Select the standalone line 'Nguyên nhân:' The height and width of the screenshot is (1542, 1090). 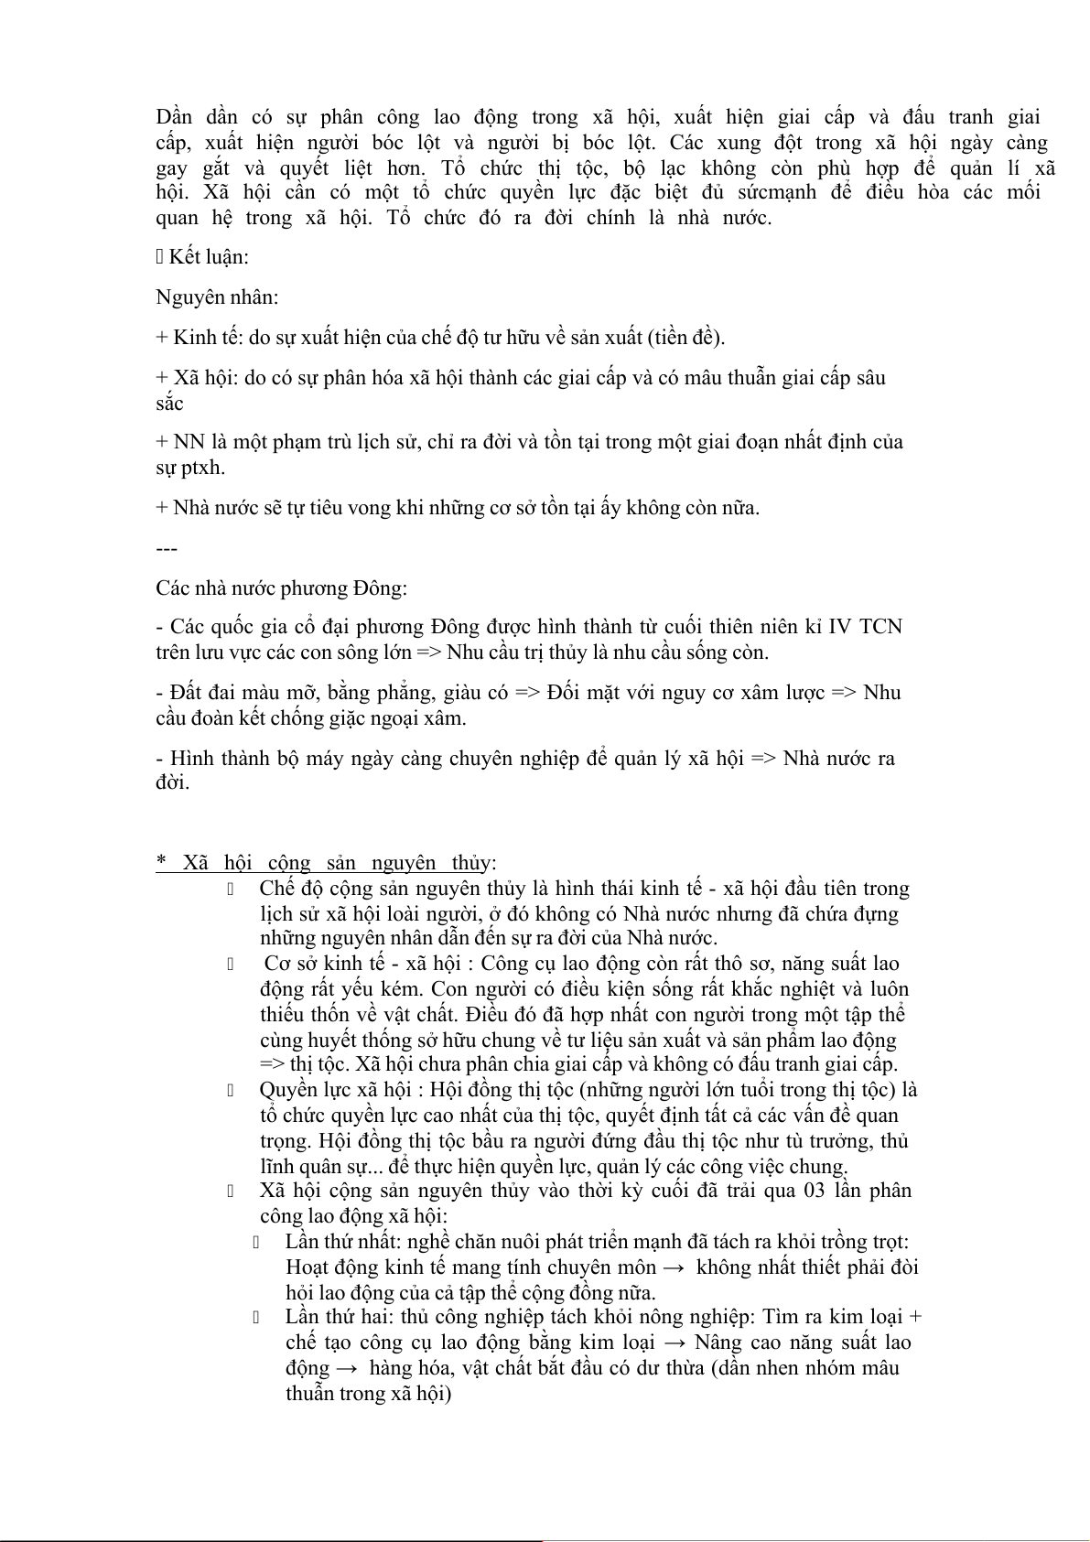click(217, 297)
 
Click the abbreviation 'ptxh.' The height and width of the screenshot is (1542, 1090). click(201, 468)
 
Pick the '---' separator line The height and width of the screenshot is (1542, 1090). click(166, 548)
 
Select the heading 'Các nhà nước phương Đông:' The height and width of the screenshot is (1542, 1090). click(281, 588)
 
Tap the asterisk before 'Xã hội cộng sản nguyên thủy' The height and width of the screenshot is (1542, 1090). click(161, 862)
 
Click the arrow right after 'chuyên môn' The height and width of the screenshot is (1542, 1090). click(675, 1267)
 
